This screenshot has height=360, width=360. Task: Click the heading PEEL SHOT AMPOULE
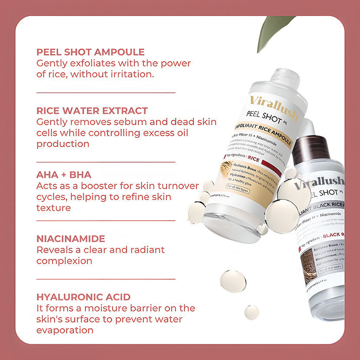point(90,52)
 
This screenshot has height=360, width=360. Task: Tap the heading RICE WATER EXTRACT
point(92,111)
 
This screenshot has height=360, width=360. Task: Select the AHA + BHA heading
point(64,175)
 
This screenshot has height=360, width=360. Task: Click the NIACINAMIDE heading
point(71,238)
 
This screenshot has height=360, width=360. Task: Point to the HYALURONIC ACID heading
point(83,297)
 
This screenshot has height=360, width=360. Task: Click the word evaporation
point(65,330)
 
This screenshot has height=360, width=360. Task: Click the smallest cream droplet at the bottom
point(251,312)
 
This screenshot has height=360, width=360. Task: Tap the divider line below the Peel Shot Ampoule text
point(106,92)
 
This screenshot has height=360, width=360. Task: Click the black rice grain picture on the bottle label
point(308,263)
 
